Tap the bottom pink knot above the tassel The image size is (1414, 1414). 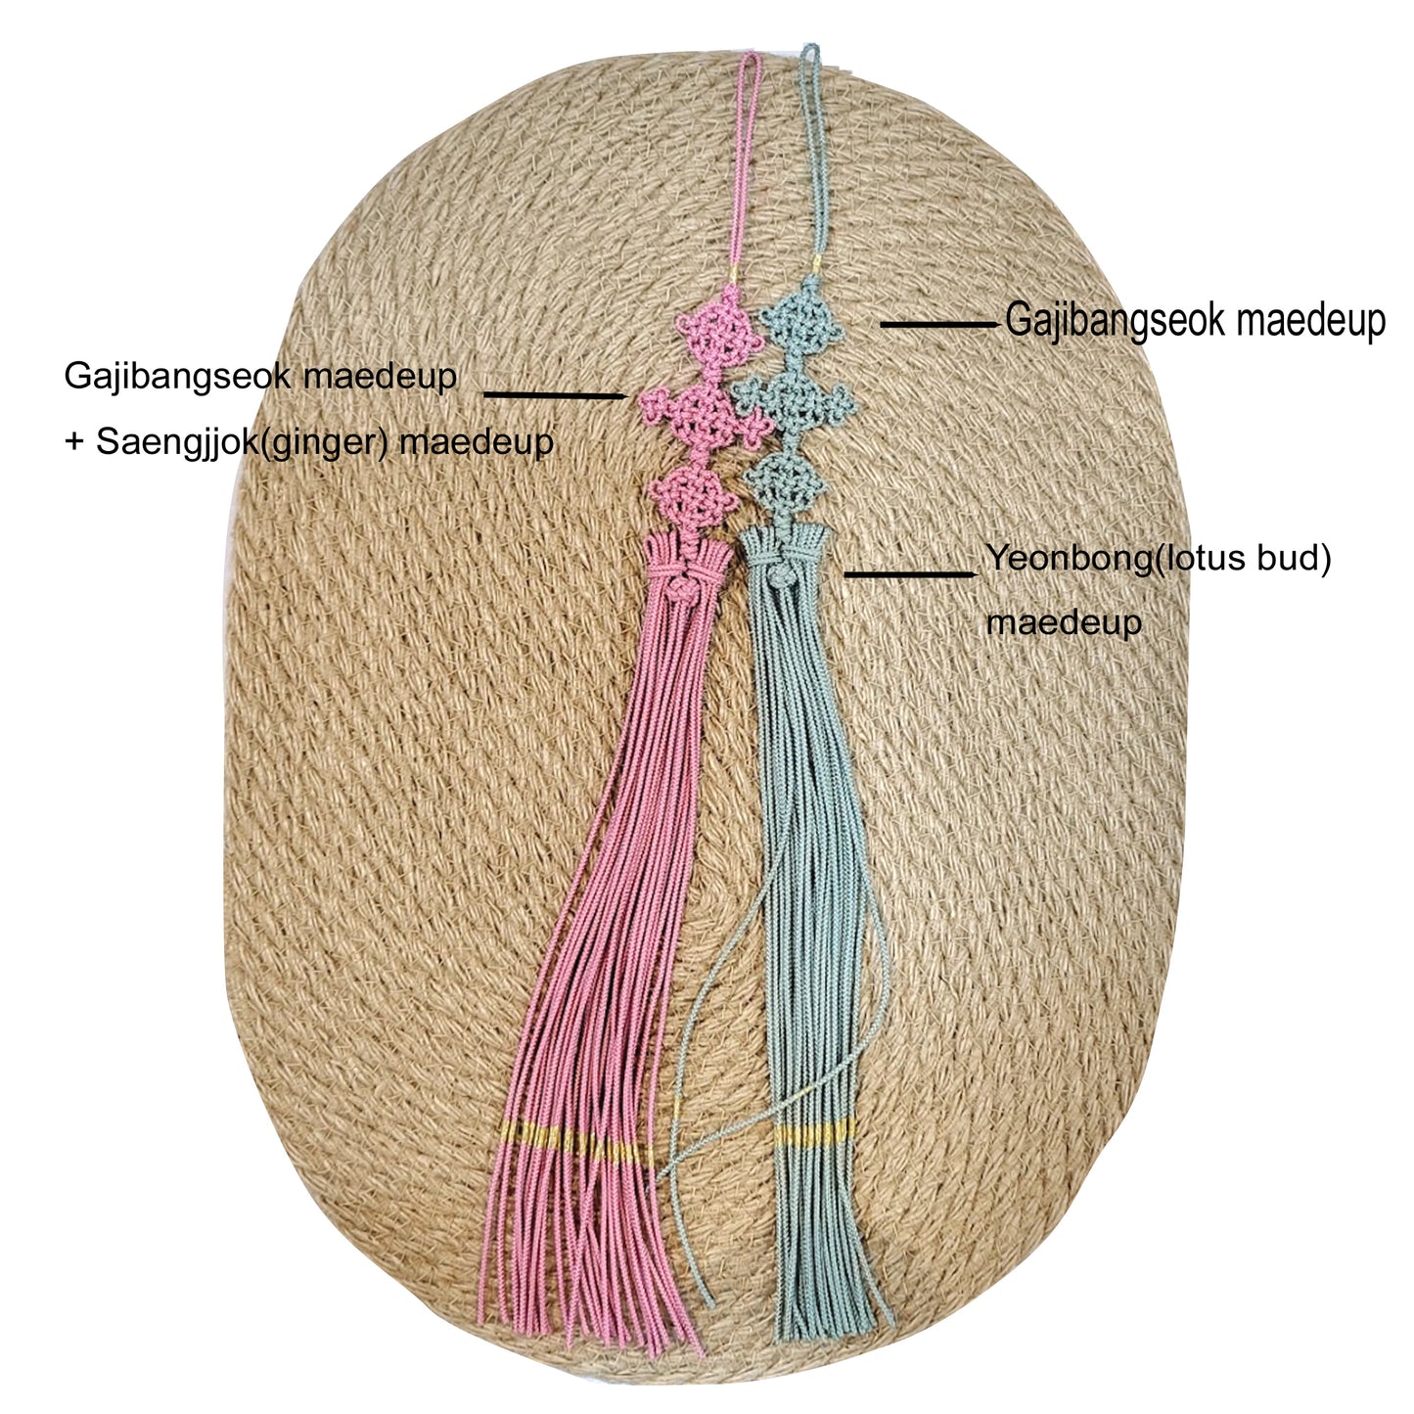[696, 497]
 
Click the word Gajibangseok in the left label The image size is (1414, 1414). [175, 378]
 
